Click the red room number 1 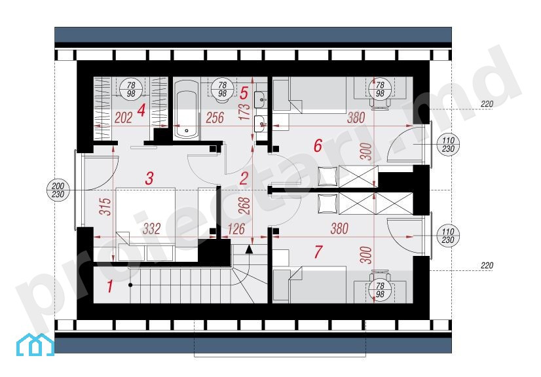pos(110,286)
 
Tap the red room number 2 pos(244,179)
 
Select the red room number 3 pos(149,179)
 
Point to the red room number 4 pos(141,111)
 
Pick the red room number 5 pos(244,93)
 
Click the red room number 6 pos(318,145)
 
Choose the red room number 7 pos(318,252)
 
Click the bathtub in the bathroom pos(186,110)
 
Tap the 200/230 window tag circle pos(58,190)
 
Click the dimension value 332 pos(152,228)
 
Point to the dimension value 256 pos(215,118)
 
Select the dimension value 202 pos(123,118)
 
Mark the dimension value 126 pos(236,228)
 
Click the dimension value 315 pos(107,206)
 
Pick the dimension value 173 pos(244,111)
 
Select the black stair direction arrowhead pos(249,249)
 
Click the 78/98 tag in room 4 pos(131,89)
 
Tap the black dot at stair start pos(130,285)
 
